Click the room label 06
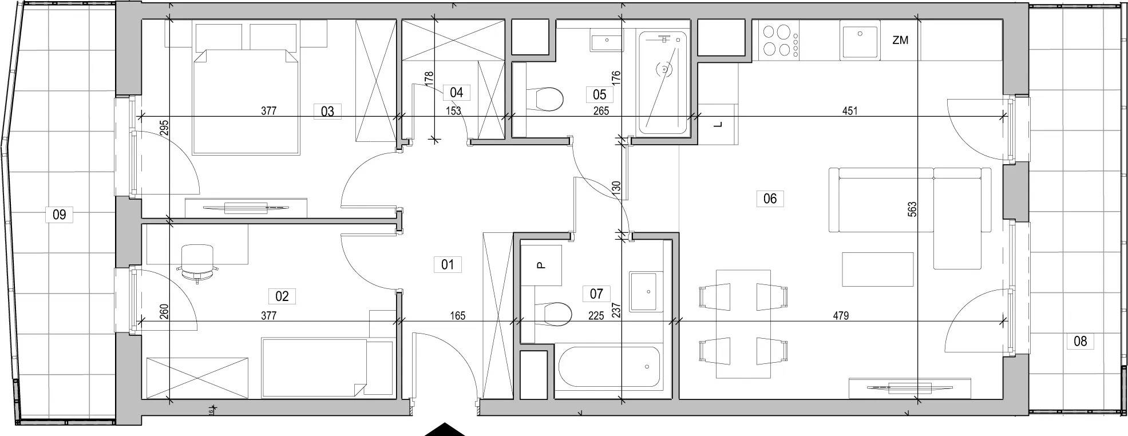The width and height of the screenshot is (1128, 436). click(x=770, y=199)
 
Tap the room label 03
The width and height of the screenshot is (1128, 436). click(x=327, y=111)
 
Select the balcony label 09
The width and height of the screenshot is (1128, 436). click(x=59, y=215)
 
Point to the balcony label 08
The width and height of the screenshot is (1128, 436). click(x=1080, y=342)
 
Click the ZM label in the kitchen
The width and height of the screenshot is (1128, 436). click(x=900, y=41)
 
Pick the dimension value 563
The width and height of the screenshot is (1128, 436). click(x=912, y=209)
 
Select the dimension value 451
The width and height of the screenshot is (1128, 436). click(x=850, y=111)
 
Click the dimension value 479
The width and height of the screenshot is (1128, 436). click(x=841, y=315)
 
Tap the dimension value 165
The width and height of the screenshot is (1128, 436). click(x=457, y=315)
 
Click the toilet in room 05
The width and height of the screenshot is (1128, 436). click(x=544, y=100)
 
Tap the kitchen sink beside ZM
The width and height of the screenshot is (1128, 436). click(x=860, y=41)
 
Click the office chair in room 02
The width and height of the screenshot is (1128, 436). click(x=197, y=263)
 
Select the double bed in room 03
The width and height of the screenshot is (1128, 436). click(x=247, y=101)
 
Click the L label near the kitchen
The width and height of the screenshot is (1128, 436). click(x=719, y=124)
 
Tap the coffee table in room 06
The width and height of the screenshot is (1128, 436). click(x=877, y=269)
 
